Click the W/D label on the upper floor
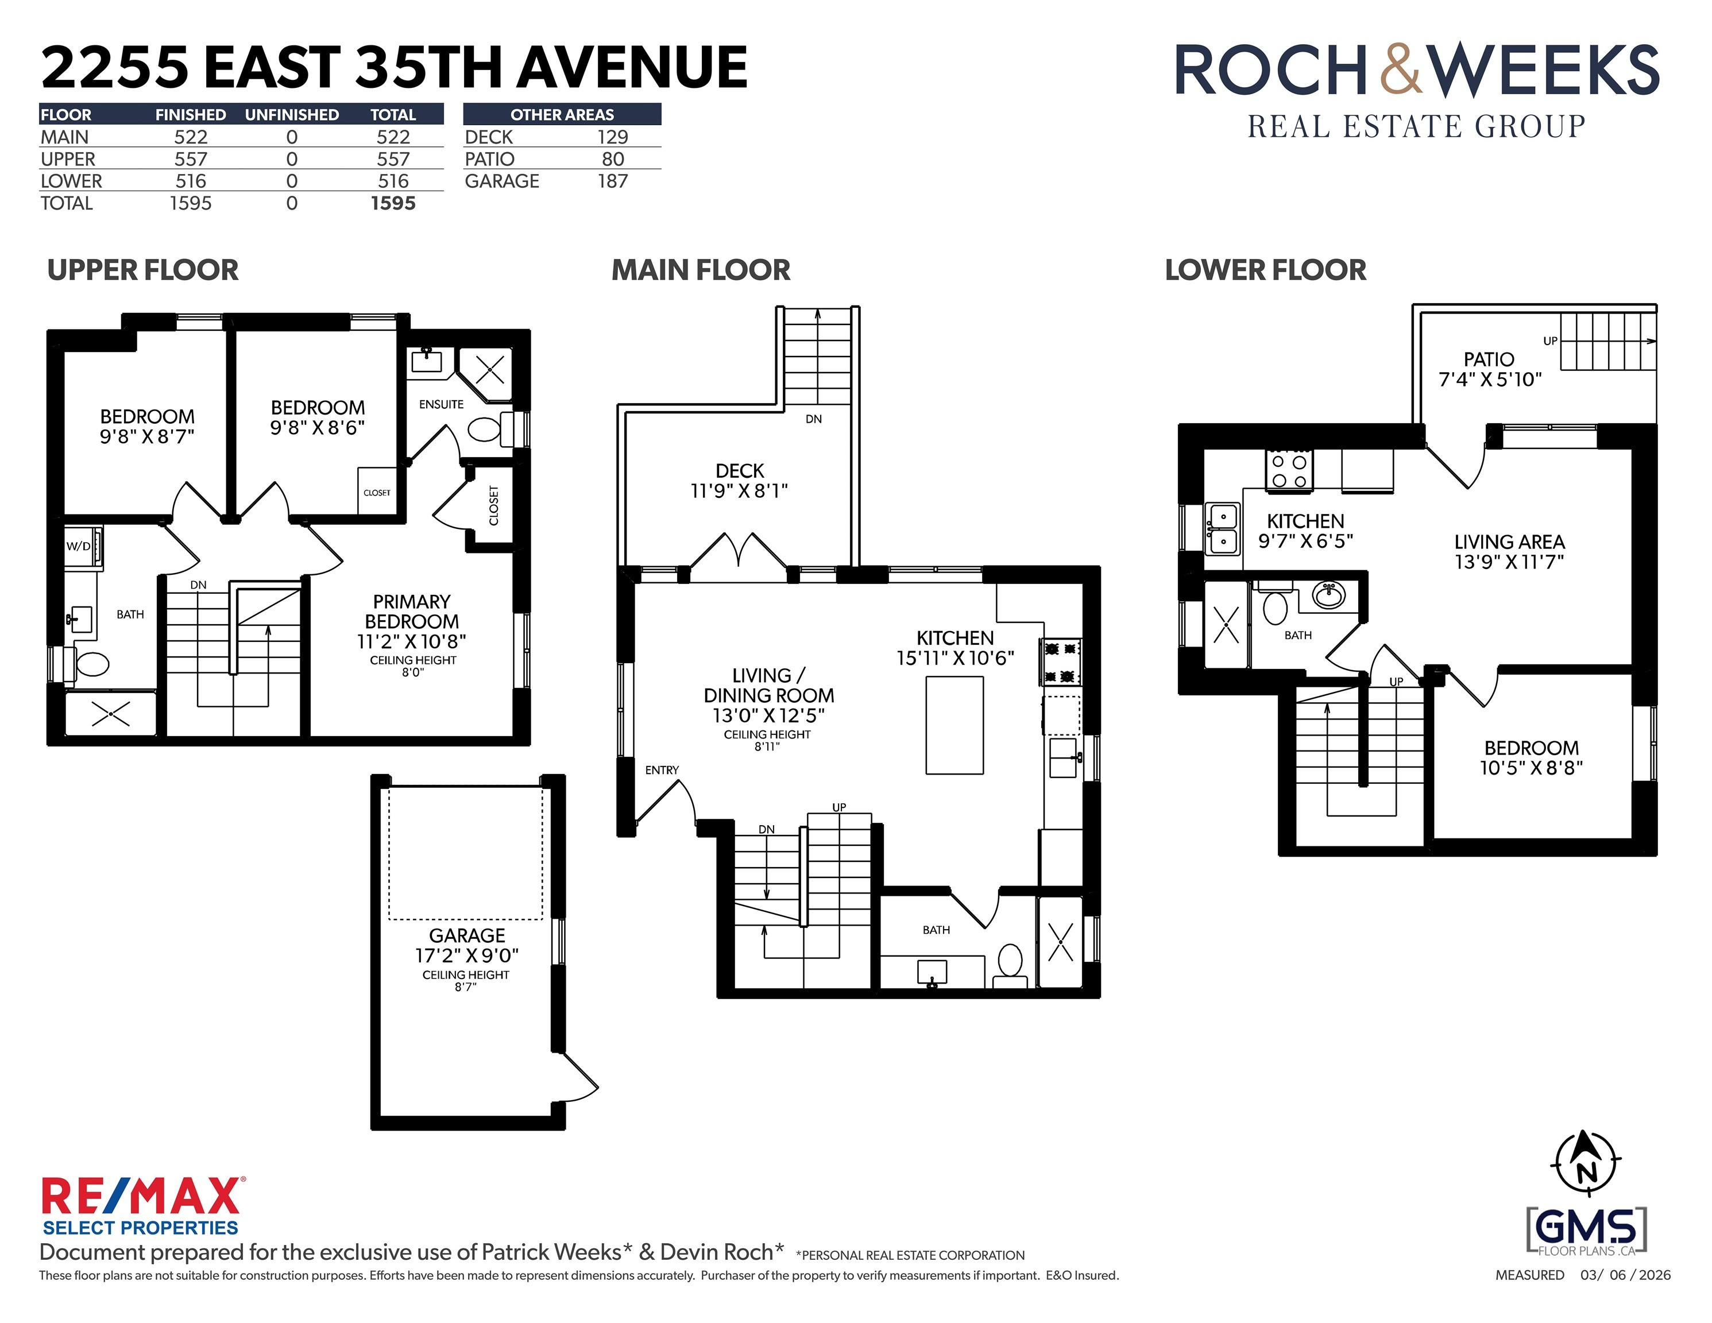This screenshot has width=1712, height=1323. pyautogui.click(x=78, y=546)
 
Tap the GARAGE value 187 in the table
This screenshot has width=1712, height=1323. pyautogui.click(x=612, y=181)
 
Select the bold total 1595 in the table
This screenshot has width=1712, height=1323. pyautogui.click(x=393, y=203)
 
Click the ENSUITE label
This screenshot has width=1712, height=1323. pyautogui.click(x=441, y=404)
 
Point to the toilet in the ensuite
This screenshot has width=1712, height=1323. pyautogui.click(x=484, y=429)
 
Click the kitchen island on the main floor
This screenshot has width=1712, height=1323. pyautogui.click(x=954, y=726)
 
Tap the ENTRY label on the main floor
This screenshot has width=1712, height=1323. pyautogui.click(x=662, y=769)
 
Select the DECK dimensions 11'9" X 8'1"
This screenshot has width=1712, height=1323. pyautogui.click(x=739, y=490)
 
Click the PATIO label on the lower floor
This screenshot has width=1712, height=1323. pyautogui.click(x=1489, y=359)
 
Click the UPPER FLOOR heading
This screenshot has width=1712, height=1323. pyautogui.click(x=142, y=270)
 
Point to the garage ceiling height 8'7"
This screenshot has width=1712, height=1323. pyautogui.click(x=466, y=987)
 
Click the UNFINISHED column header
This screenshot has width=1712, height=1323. pyautogui.click(x=292, y=114)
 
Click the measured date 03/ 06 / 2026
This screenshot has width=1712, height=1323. pyautogui.click(x=1625, y=1275)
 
